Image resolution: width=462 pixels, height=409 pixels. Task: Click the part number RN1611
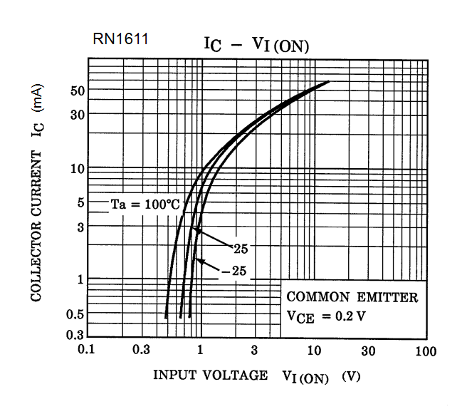pyautogui.click(x=120, y=40)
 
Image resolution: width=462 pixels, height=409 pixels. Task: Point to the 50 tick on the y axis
pyautogui.click(x=78, y=91)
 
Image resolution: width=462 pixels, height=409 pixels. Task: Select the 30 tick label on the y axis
pyautogui.click(x=78, y=115)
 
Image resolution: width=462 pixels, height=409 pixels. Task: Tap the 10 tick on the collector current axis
pyautogui.click(x=78, y=169)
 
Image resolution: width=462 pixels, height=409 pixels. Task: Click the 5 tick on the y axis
pyautogui.click(x=80, y=202)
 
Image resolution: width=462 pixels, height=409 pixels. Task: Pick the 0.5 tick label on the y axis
pyautogui.click(x=75, y=313)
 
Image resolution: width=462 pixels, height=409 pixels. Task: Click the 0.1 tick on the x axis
pyautogui.click(x=87, y=351)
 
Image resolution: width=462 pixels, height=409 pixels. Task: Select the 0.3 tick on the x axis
pyautogui.click(x=141, y=351)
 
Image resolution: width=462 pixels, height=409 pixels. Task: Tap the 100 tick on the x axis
pyautogui.click(x=426, y=351)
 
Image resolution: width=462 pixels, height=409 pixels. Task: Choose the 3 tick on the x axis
pyautogui.click(x=254, y=351)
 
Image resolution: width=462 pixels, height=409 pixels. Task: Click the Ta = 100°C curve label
pyautogui.click(x=145, y=204)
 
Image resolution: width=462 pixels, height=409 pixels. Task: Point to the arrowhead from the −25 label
pyautogui.click(x=199, y=262)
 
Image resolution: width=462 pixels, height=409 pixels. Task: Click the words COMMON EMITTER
pyautogui.click(x=352, y=297)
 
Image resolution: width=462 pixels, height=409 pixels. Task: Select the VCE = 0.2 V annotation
pyautogui.click(x=327, y=316)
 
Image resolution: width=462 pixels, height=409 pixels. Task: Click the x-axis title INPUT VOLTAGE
pyautogui.click(x=211, y=375)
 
